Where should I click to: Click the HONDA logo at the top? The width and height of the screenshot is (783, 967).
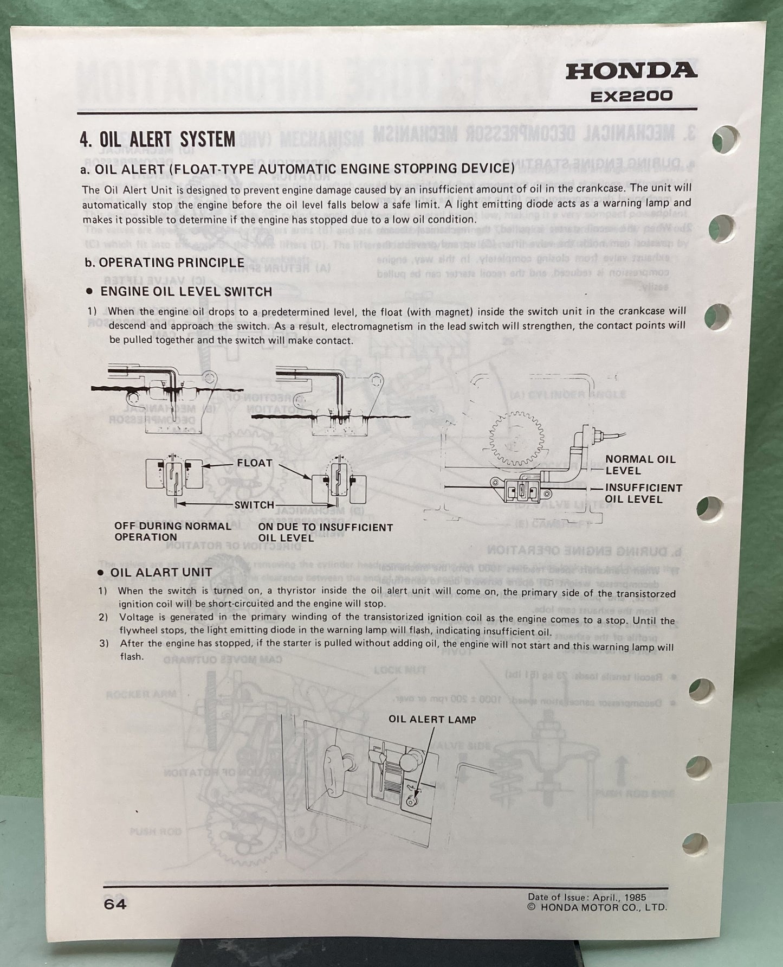tap(631, 71)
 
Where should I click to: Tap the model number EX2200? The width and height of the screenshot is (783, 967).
tap(631, 97)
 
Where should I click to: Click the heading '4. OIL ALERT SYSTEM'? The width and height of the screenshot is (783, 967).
tap(158, 139)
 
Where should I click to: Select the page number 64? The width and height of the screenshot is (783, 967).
tap(114, 904)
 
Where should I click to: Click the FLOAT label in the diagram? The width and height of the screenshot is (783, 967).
tap(254, 463)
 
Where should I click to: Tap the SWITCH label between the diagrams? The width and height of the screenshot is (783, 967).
tap(254, 504)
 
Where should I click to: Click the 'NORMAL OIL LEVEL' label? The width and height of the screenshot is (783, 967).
tap(640, 465)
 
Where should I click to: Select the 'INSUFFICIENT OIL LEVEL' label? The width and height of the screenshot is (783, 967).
tap(643, 493)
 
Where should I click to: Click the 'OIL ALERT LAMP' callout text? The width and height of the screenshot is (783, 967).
tap(432, 720)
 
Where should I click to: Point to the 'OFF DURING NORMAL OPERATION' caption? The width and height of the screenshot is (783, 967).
tap(172, 531)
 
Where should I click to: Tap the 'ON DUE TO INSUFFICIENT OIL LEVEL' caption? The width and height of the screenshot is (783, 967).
tap(325, 532)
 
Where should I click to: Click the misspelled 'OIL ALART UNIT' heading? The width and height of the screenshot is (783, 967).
tap(161, 572)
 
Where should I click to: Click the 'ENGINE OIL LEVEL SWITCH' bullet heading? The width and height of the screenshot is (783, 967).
tap(186, 291)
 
